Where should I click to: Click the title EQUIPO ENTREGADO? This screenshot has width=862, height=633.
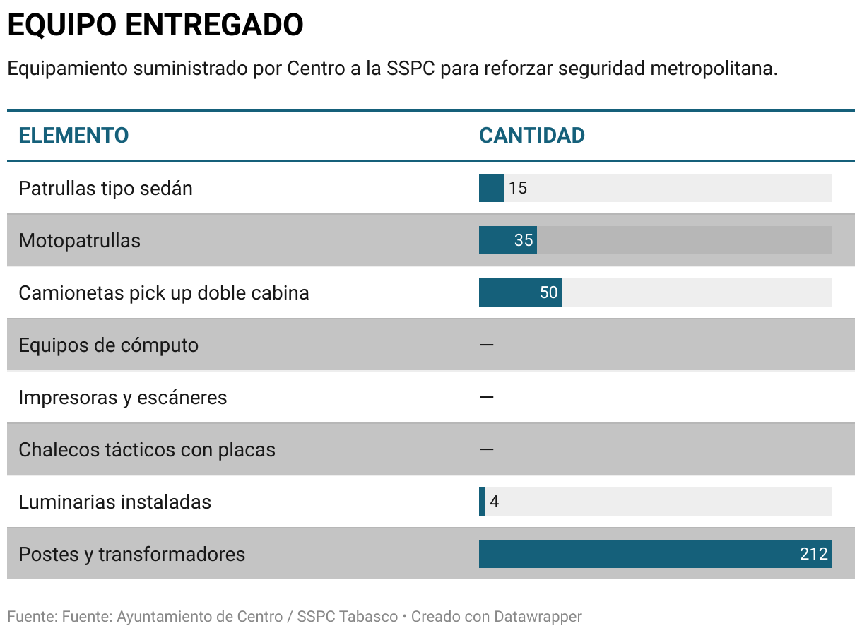click(x=155, y=25)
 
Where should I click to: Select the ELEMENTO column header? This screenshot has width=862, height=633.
click(x=73, y=136)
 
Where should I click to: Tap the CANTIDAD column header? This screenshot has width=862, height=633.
click(x=531, y=136)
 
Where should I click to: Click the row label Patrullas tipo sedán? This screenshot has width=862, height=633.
click(x=105, y=189)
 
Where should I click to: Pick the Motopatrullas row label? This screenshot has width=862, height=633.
click(x=79, y=241)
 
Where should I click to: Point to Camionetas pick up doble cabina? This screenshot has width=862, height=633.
click(x=163, y=293)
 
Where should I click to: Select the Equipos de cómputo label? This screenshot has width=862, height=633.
click(x=108, y=345)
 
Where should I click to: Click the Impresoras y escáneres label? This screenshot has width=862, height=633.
click(x=122, y=398)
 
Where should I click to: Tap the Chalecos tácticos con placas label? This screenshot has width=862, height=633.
click(x=146, y=450)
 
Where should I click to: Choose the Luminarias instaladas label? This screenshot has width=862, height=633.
click(x=114, y=502)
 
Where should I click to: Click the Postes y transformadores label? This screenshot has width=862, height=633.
click(x=131, y=555)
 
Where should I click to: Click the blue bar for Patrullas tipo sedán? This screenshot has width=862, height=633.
click(x=491, y=189)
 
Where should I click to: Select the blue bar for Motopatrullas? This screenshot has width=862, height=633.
click(x=507, y=241)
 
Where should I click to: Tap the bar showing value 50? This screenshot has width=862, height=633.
click(x=520, y=293)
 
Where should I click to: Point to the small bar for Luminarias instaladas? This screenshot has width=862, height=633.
click(x=482, y=502)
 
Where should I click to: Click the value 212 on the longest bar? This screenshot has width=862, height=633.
click(x=813, y=555)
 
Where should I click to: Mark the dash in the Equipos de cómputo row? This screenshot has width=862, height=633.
click(x=486, y=345)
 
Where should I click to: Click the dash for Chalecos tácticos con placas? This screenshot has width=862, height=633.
click(x=486, y=450)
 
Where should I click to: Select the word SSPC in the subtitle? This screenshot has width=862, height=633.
click(x=411, y=69)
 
